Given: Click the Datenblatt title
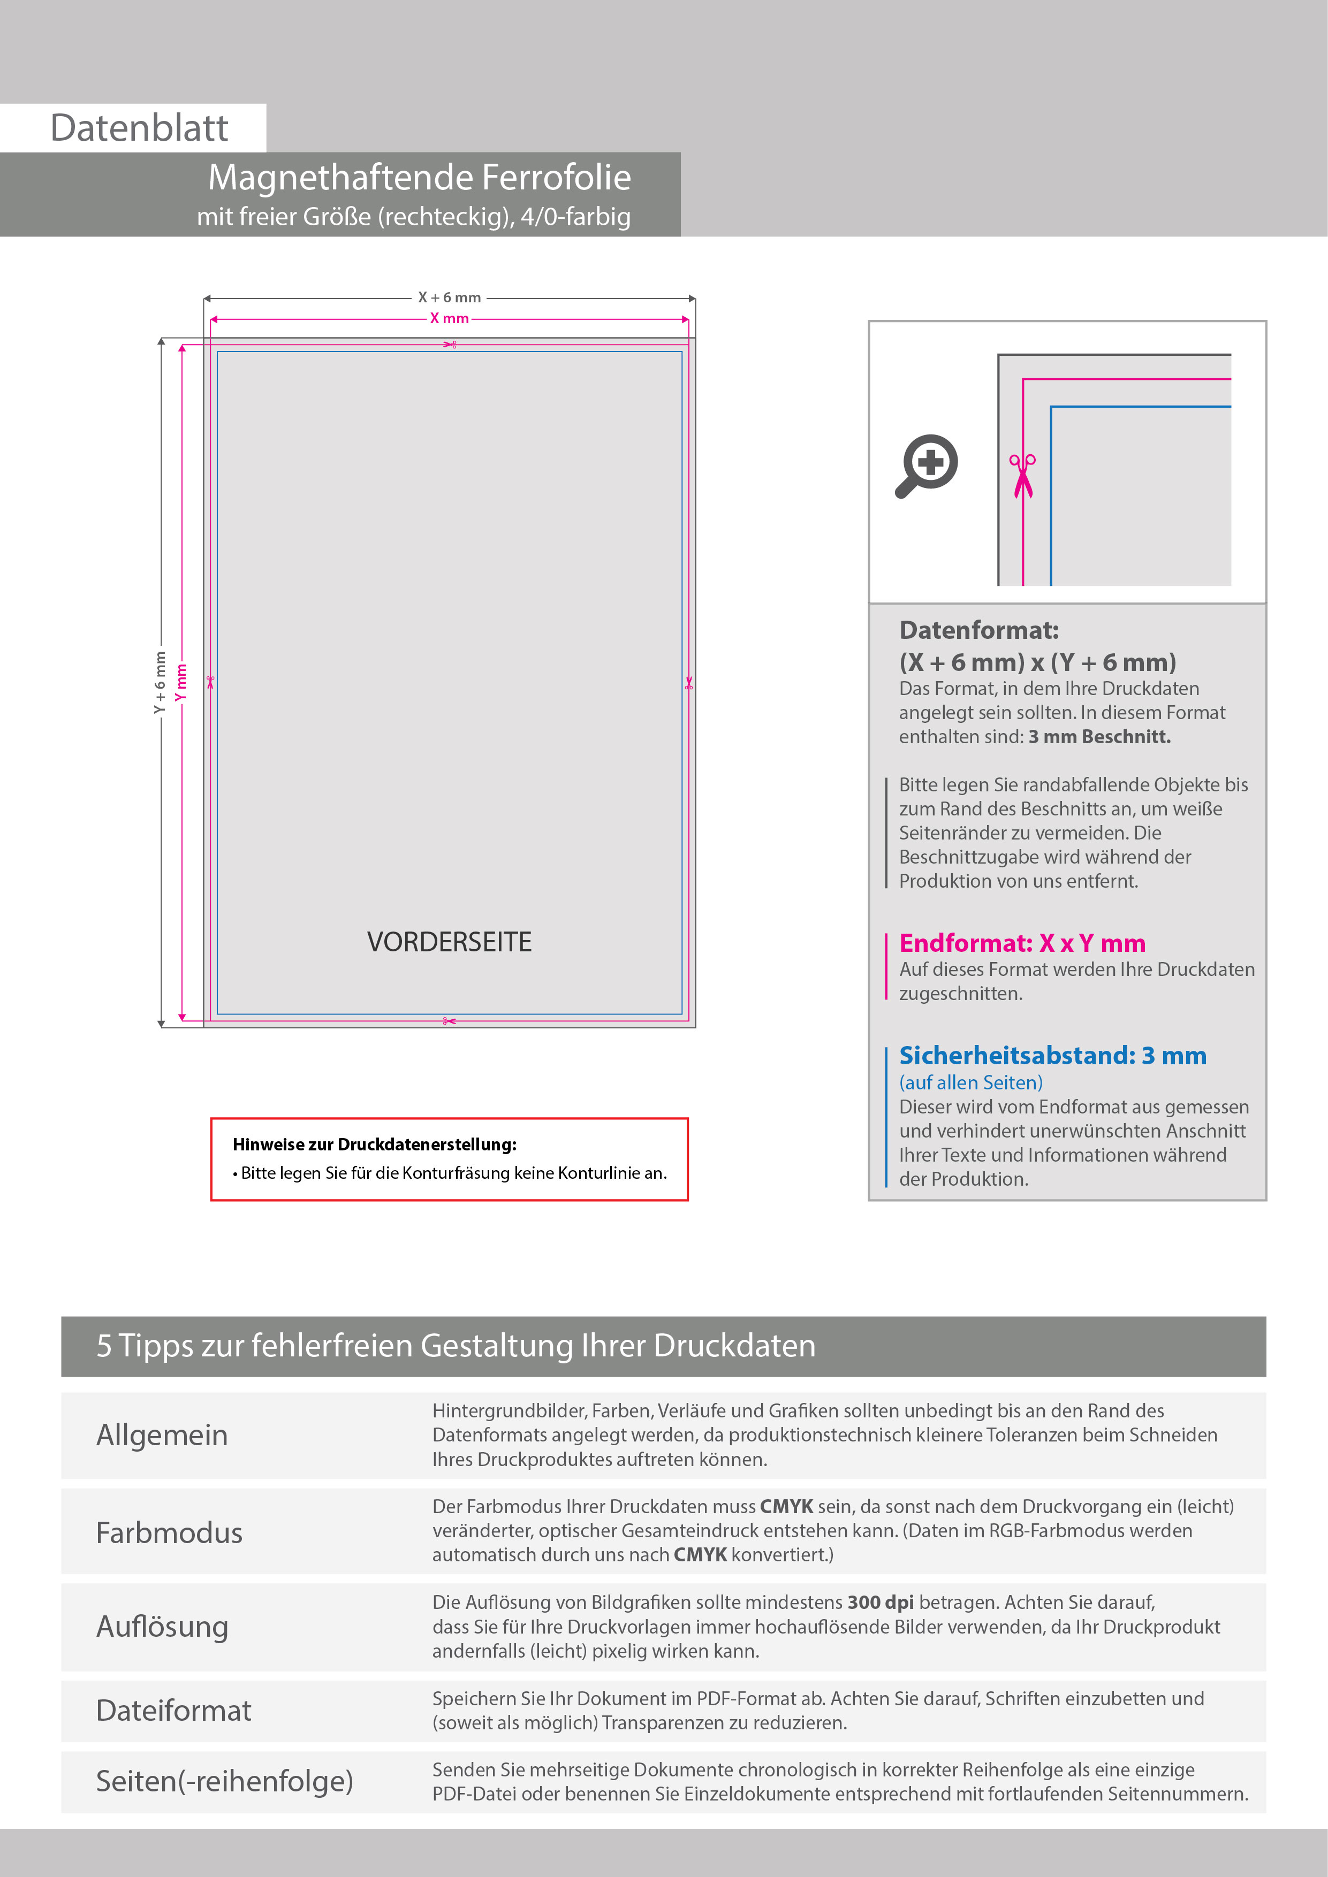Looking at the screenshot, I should tap(139, 128).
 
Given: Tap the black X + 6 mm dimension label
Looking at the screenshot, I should tap(449, 297).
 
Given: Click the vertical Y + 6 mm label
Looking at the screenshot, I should tap(160, 682).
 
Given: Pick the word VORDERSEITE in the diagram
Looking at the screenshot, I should tap(449, 942).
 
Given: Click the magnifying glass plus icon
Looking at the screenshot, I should tap(927, 465).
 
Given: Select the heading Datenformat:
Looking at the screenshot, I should tap(979, 630).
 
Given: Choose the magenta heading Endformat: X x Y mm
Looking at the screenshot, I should tap(1022, 943).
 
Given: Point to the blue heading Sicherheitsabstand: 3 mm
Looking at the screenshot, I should tap(1052, 1055).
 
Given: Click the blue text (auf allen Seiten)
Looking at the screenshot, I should tap(970, 1082).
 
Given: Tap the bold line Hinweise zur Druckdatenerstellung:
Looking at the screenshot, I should tap(375, 1144).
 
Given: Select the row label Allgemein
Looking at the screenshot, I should tap(162, 1436).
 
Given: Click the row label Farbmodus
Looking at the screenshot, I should tap(169, 1533).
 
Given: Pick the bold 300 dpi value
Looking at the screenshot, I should tap(880, 1603).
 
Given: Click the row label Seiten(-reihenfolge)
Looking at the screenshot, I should tap(224, 1781).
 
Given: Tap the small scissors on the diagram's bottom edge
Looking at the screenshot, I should tap(449, 1021).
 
